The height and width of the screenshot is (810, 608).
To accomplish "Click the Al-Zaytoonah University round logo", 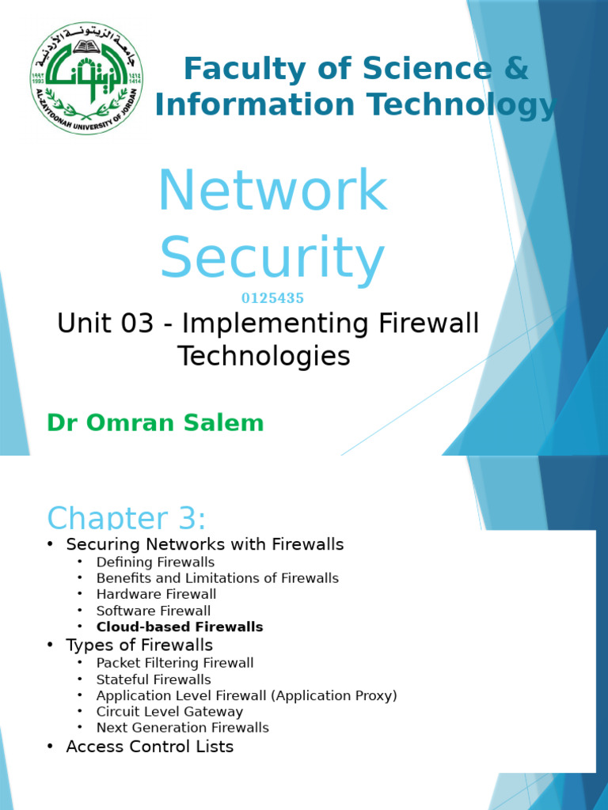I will (88, 78).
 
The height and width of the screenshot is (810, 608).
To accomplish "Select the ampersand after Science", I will (515, 69).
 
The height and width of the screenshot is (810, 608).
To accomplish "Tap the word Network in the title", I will (272, 191).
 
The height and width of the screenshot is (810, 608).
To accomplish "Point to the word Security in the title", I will (272, 257).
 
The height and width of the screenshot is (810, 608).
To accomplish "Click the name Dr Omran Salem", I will (155, 423).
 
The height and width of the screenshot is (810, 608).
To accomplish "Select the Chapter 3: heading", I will (127, 519).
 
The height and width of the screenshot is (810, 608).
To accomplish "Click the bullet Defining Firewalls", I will (155, 562).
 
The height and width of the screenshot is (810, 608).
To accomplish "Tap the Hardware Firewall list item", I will (156, 594).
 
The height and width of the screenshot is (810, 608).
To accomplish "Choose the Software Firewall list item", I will (154, 611).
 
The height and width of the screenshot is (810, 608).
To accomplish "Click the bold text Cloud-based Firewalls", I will (180, 627).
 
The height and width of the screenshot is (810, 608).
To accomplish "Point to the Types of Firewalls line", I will (139, 645).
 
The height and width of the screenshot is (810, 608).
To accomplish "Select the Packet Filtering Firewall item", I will (175, 663).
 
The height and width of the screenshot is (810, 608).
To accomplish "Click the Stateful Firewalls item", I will (154, 679).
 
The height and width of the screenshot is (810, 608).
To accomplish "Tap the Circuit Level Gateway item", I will (169, 712).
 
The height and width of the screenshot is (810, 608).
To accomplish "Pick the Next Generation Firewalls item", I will (183, 728).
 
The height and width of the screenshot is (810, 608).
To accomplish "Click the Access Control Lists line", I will (150, 746).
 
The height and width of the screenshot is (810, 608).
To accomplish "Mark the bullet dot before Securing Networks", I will (50, 544).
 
